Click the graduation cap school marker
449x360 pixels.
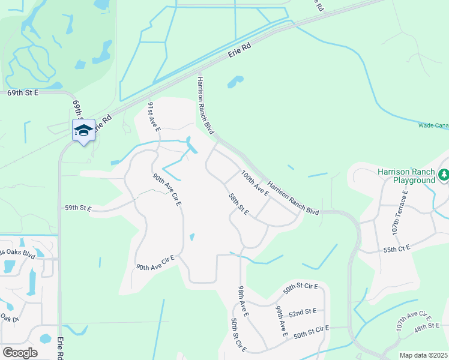[84, 130]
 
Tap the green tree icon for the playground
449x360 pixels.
[444, 175]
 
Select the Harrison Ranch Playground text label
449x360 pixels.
[406, 176]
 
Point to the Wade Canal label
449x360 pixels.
[433, 125]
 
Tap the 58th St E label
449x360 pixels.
[239, 205]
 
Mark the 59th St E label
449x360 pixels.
[78, 208]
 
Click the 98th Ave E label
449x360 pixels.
[244, 301]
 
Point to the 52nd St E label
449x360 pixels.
[303, 312]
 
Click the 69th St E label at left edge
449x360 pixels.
[23, 93]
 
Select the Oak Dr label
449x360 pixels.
[10, 318]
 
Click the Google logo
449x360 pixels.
[20, 352]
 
